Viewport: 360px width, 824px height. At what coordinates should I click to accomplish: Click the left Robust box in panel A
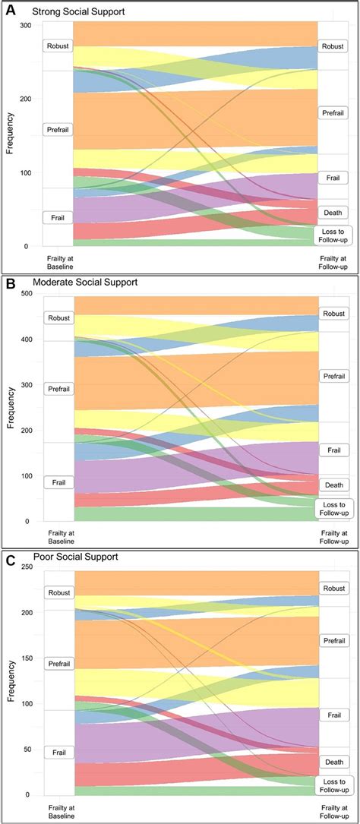coord(58,46)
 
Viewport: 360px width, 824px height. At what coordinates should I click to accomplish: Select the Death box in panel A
coord(332,213)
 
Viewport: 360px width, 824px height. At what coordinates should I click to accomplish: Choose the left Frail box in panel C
coord(58,752)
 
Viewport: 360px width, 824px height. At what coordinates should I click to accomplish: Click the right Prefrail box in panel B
coord(333,376)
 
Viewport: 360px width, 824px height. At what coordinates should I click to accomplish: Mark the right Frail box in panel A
coord(332,177)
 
